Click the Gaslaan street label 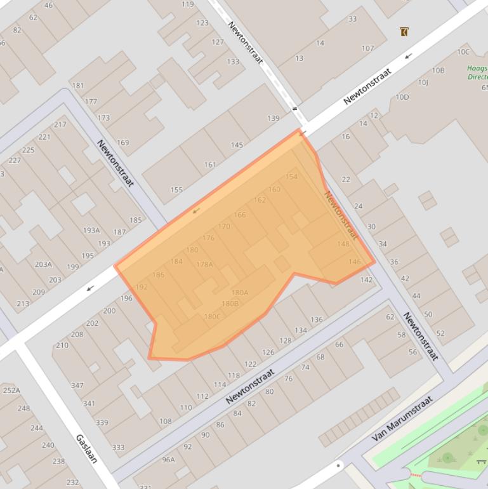point(86,448)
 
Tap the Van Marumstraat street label point(402,418)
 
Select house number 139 point(273,118)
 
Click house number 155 point(176,189)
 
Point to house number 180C point(212,317)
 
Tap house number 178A point(204,264)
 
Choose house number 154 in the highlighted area point(291,177)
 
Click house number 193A point(91,231)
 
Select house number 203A point(43,264)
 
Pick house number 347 point(77,385)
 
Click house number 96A point(168,460)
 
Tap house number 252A point(11,391)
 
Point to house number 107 point(367,48)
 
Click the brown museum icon point(404,31)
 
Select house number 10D point(402,97)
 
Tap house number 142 point(366,279)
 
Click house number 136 point(317,319)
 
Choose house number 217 point(60,124)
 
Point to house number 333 point(118,447)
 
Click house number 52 point(440,333)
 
